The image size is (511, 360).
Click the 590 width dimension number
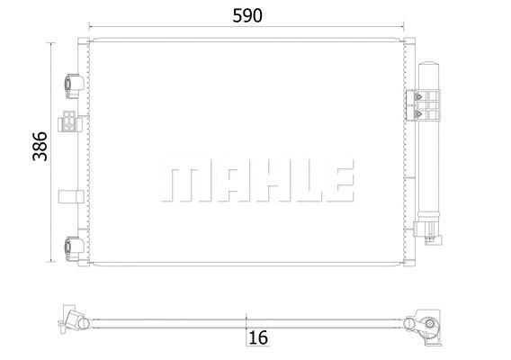click(247, 17)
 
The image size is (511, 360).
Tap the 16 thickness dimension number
click(258, 337)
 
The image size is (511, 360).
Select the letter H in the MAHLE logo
click(261, 183)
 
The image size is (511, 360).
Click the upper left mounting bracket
click(74, 86)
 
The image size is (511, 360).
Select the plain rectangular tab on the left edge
click(68, 196)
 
